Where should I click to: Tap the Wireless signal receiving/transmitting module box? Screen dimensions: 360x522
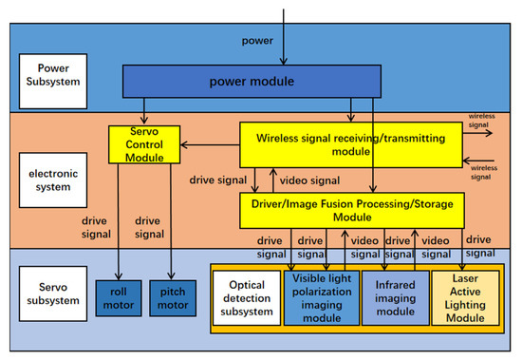point(350,145)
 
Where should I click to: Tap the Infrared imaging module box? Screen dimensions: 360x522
point(394,297)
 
